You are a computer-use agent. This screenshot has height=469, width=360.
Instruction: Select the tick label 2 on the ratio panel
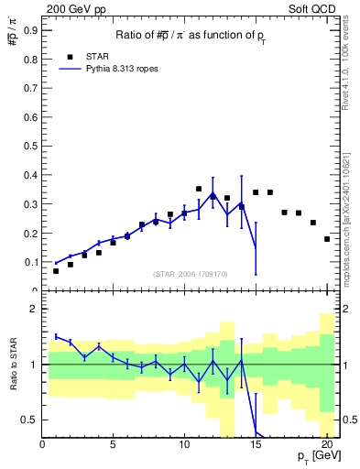pos(34,310)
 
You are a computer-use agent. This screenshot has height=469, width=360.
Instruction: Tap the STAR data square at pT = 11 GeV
pos(199,189)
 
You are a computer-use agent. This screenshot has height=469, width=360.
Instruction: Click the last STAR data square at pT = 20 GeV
pos(326,239)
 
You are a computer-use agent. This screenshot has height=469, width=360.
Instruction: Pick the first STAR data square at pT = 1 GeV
pos(57,271)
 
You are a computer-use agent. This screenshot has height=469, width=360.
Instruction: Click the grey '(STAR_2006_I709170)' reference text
pos(191,274)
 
